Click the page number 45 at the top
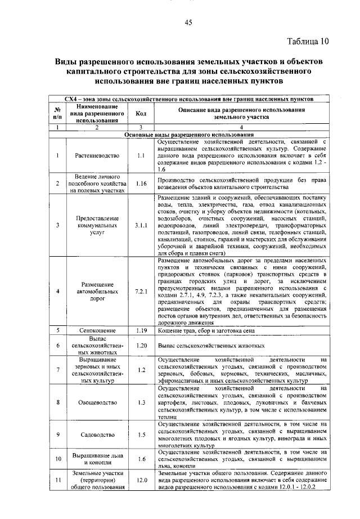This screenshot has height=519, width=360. tap(188, 22)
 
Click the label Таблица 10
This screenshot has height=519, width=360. tap(307, 41)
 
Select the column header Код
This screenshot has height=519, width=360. tap(141, 114)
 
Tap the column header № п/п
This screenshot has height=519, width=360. tap(57, 114)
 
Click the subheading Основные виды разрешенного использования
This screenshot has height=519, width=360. tap(188, 135)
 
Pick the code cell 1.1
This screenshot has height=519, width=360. tap(141, 155)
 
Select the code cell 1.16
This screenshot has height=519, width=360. tap(141, 184)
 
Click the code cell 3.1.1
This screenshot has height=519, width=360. tap(141, 225)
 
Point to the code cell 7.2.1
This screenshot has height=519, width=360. tap(141, 292)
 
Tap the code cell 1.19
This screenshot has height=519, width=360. tap(141, 330)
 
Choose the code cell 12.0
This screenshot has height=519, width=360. tap(141, 480)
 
